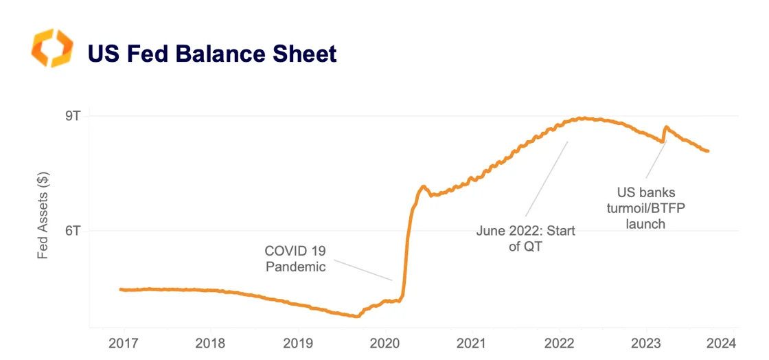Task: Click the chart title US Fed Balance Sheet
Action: coord(211,53)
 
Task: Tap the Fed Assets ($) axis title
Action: coord(43,215)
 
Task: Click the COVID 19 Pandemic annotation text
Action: coord(295,259)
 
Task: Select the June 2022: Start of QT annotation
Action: coord(525,238)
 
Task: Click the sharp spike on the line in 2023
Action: coord(665,127)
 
